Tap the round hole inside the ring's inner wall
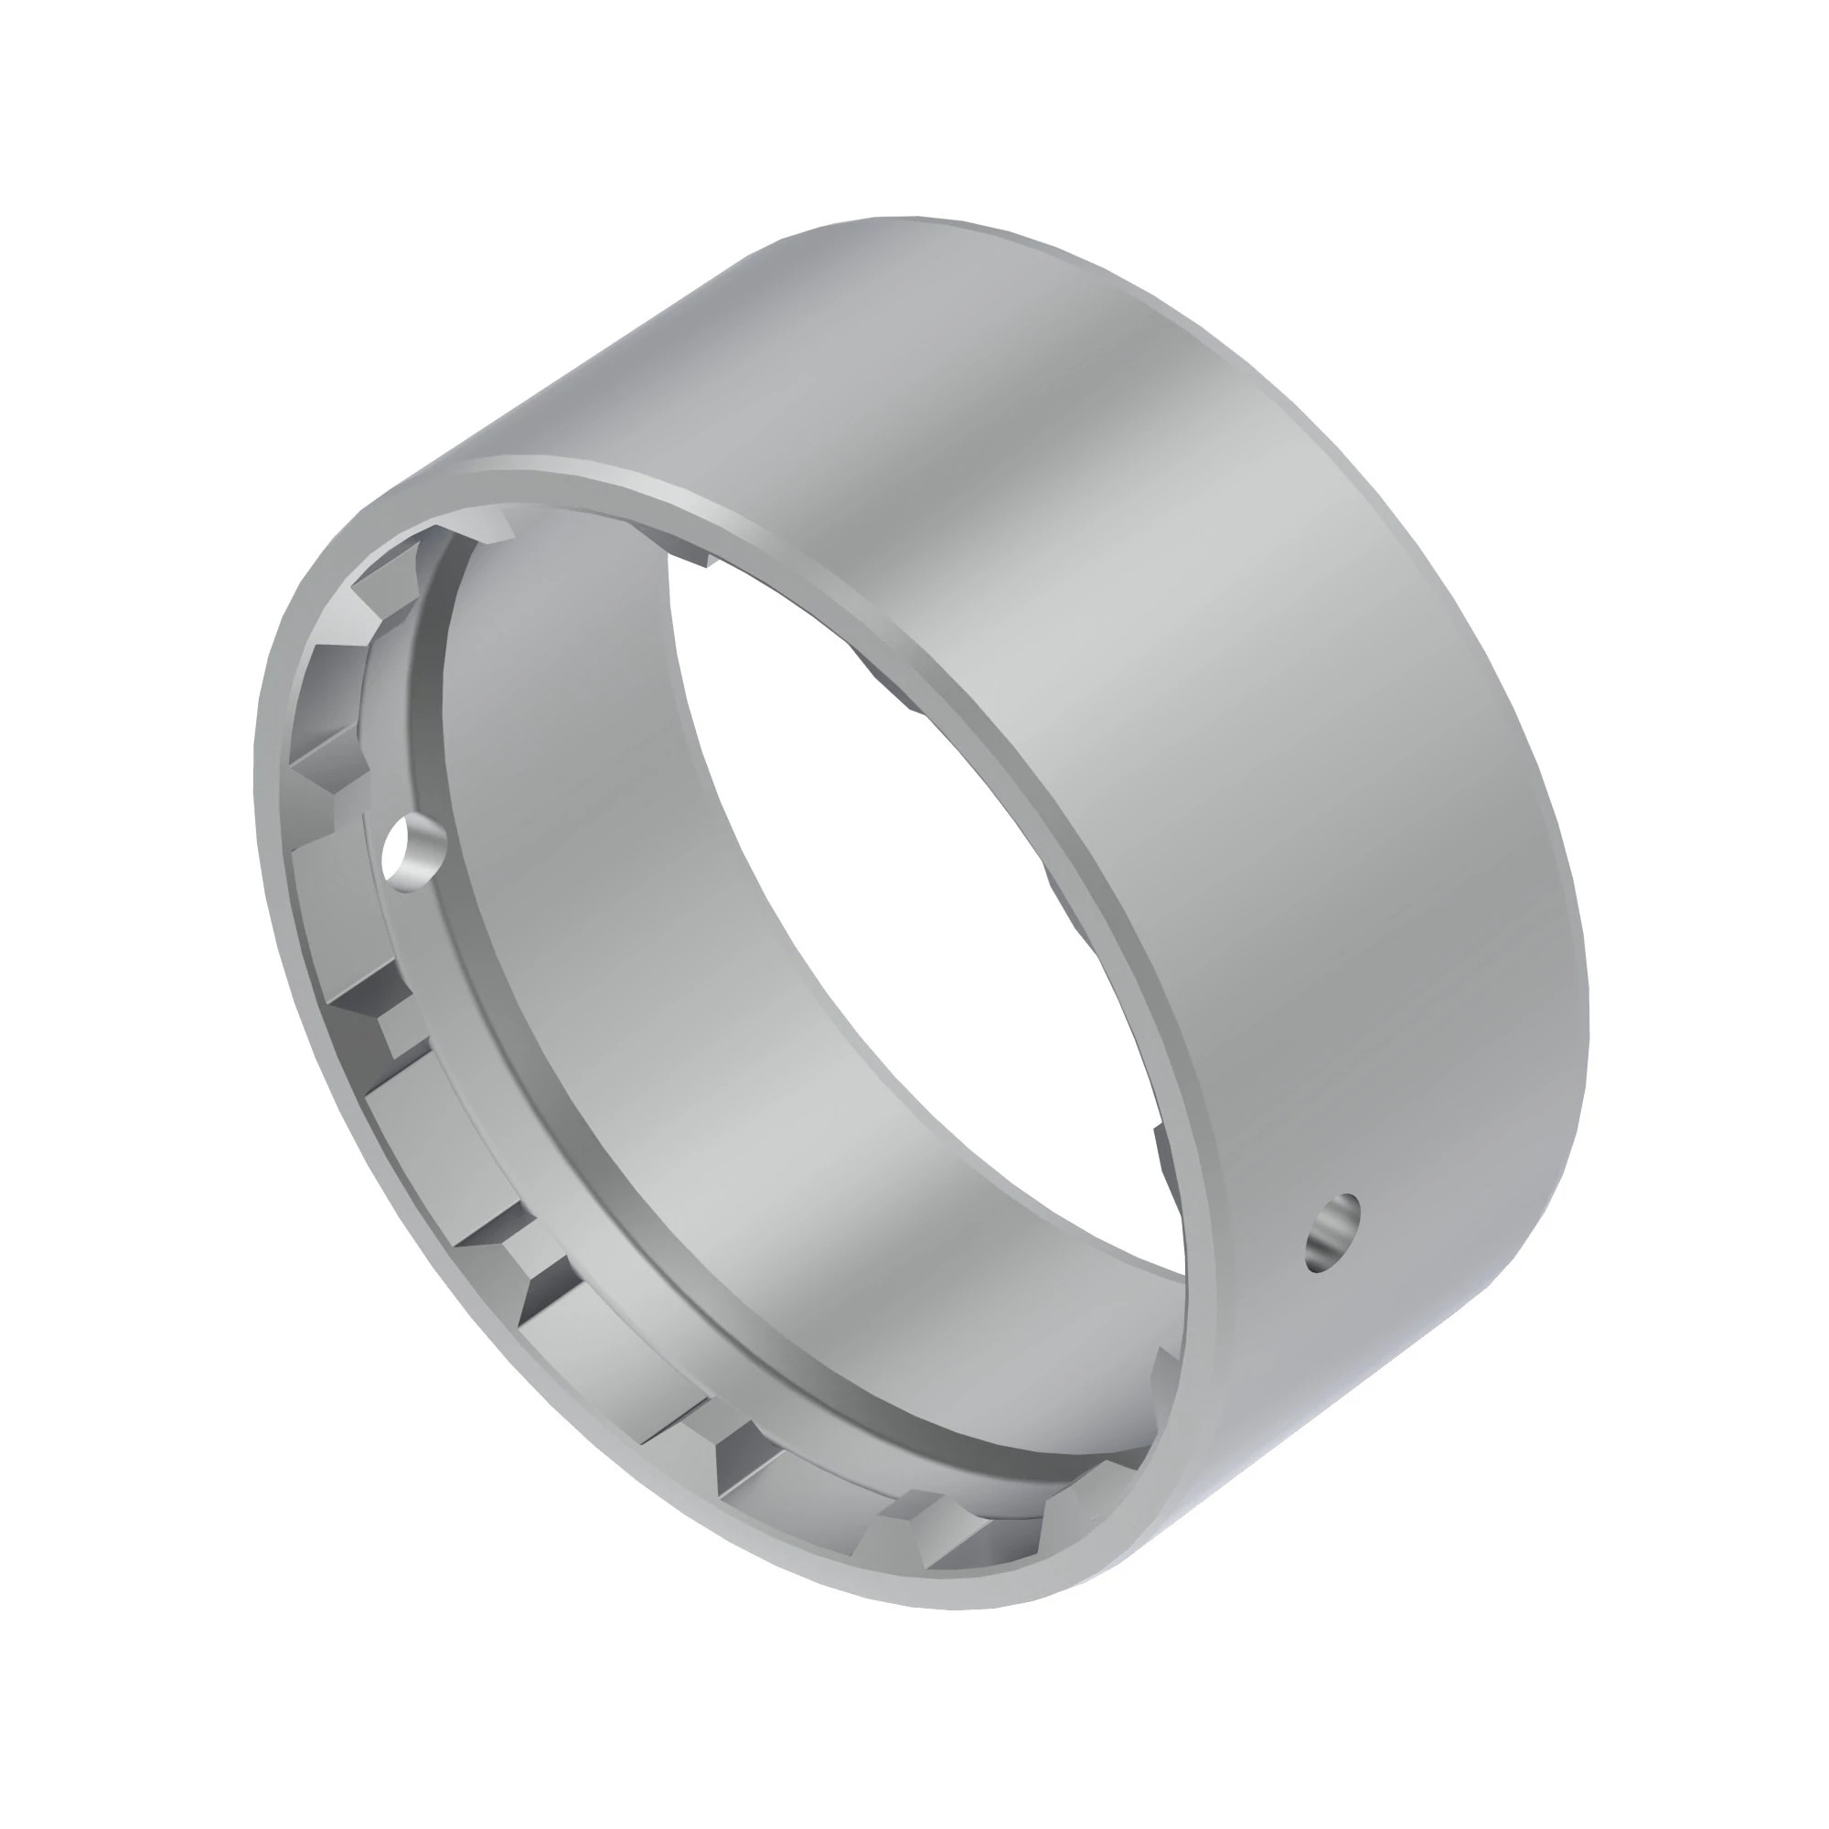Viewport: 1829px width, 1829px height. pyautogui.click(x=409, y=850)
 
